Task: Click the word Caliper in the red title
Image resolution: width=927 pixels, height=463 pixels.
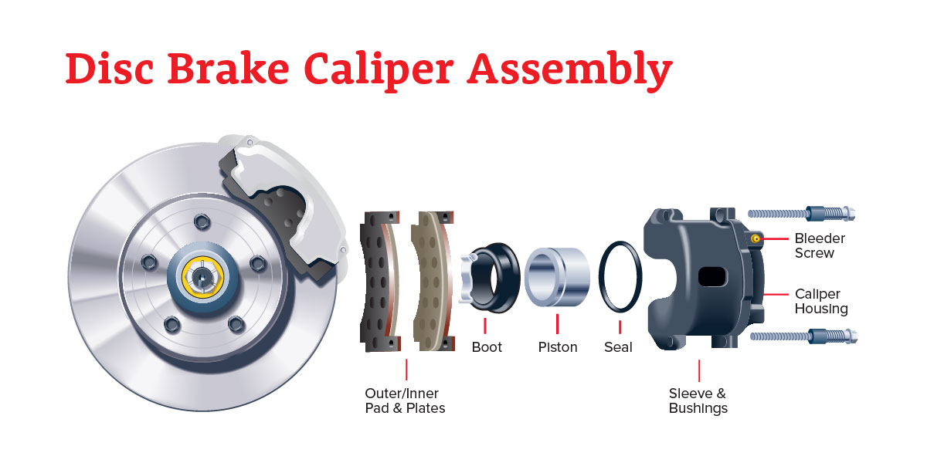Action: (x=379, y=69)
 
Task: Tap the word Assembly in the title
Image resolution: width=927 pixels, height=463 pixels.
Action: (x=569, y=69)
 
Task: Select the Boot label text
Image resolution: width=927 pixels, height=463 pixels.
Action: (x=487, y=347)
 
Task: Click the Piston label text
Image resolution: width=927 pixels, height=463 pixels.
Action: (x=558, y=347)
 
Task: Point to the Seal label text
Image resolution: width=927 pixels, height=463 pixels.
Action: (x=618, y=347)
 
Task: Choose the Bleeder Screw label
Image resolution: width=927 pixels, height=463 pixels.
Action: (x=820, y=245)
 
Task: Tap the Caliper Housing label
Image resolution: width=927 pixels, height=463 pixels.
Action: (x=821, y=302)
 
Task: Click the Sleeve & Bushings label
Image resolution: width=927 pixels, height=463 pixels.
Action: (x=698, y=400)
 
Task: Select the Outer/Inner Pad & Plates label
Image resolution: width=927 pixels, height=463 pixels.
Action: (x=405, y=400)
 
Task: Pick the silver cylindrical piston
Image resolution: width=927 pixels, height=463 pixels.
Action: (x=557, y=277)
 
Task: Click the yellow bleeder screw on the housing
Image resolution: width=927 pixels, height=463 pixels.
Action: (x=756, y=238)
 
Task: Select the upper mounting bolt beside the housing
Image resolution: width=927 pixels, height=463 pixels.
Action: (x=801, y=214)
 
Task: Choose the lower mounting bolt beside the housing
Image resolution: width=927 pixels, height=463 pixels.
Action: (x=803, y=336)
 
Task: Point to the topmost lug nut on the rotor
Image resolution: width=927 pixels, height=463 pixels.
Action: (x=202, y=222)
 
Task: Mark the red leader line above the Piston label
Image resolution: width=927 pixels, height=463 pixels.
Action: (x=558, y=324)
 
